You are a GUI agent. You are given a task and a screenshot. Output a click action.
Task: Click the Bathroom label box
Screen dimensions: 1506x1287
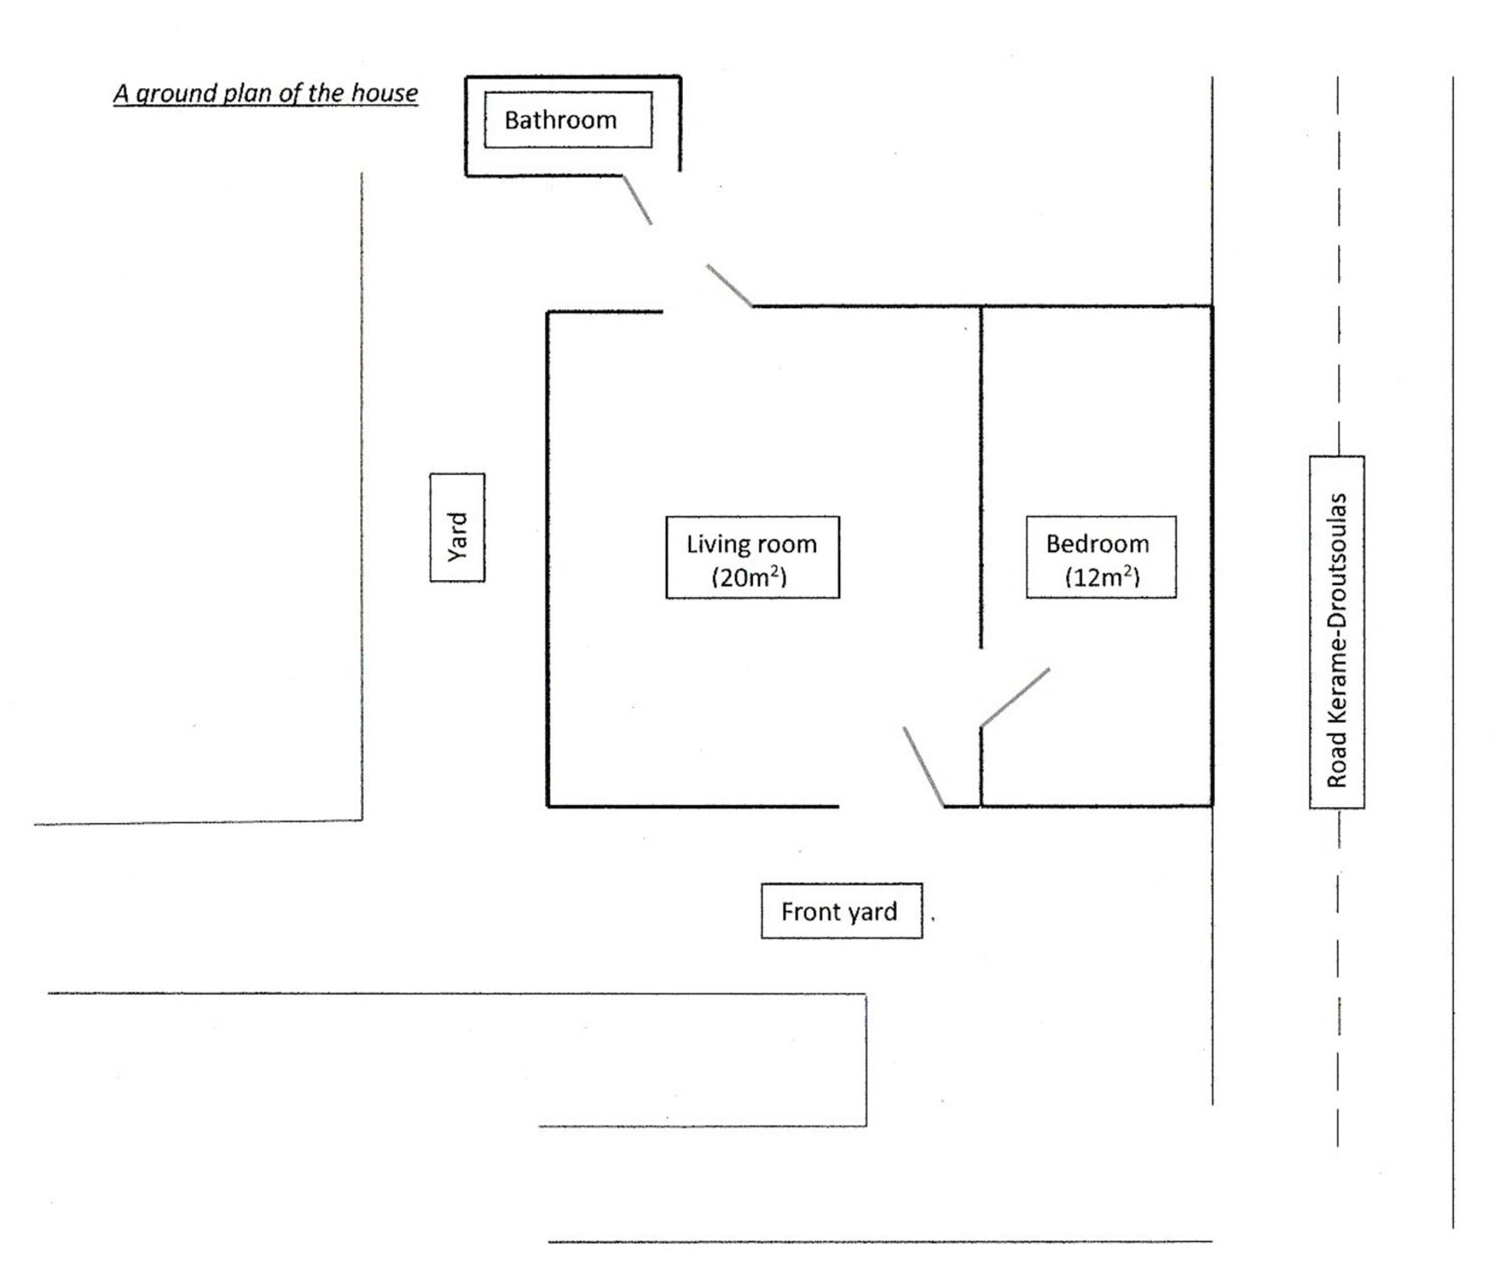[568, 120]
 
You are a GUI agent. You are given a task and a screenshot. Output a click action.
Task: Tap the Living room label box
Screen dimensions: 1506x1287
[752, 557]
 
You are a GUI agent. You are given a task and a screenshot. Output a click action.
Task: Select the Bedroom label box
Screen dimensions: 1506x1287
[1101, 557]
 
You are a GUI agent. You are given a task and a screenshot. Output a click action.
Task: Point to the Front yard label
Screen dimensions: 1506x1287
[842, 912]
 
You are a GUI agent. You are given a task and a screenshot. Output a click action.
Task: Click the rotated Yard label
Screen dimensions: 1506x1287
[457, 528]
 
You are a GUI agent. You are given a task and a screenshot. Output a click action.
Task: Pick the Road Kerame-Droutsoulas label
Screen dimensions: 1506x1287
[1337, 632]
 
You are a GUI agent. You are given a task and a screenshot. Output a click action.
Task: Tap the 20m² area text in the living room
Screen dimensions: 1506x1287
[749, 577]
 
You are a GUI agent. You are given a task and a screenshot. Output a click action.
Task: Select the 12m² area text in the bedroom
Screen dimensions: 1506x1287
[1102, 577]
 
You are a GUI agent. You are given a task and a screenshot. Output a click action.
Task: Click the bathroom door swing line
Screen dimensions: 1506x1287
[637, 199]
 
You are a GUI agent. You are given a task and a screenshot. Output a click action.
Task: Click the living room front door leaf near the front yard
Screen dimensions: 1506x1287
[924, 766]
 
